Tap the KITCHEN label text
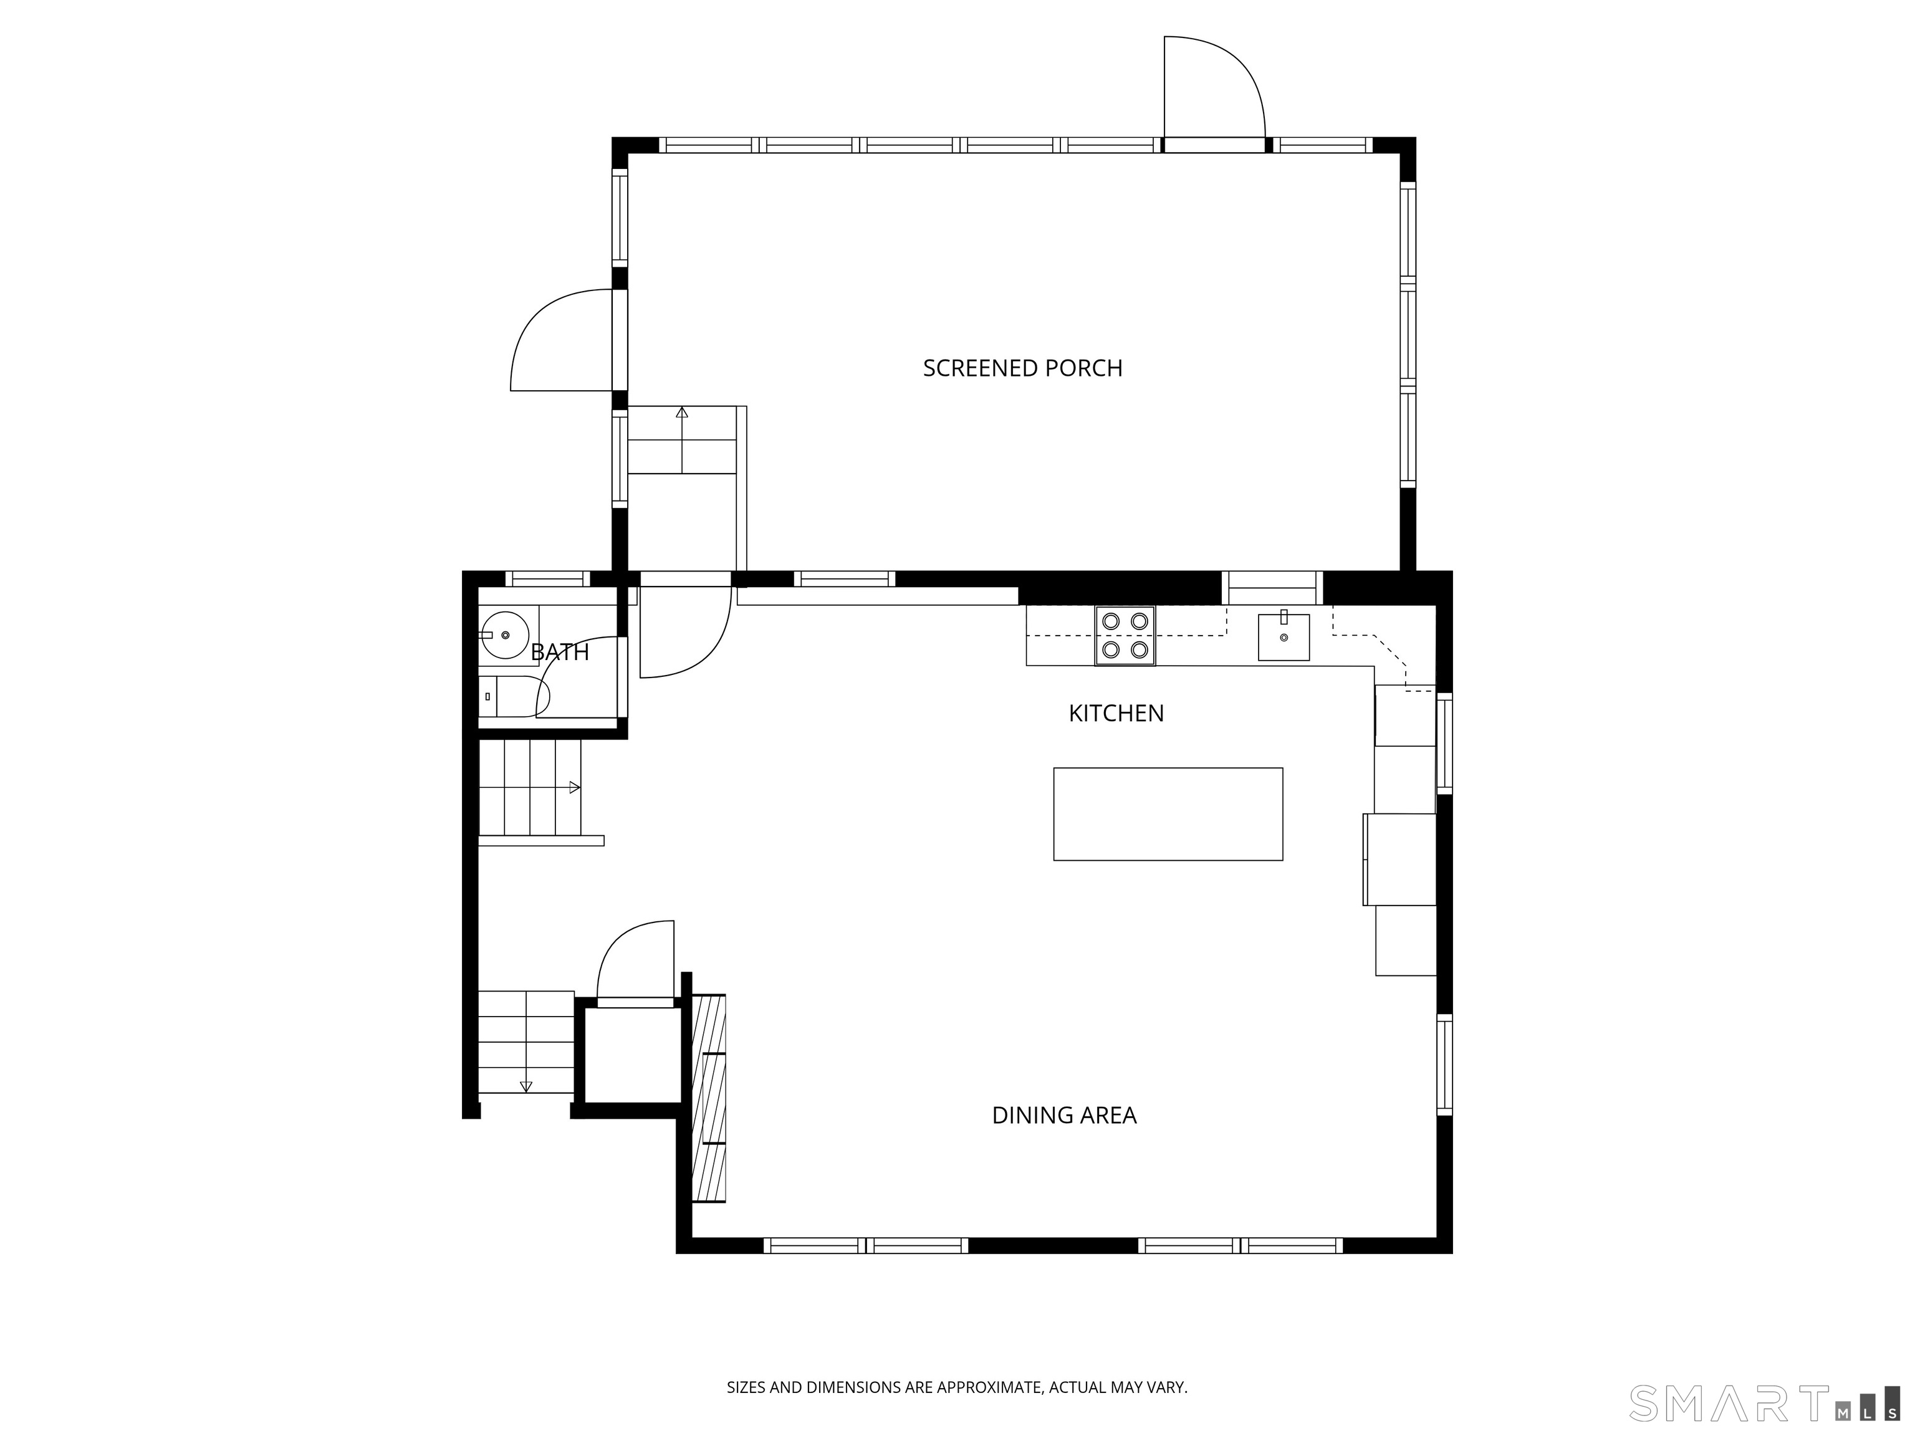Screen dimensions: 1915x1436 (1116, 713)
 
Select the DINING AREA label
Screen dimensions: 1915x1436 (1064, 1115)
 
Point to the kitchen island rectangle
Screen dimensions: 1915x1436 (1168, 813)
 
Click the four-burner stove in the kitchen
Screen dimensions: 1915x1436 (1125, 635)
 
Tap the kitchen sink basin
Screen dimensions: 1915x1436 (1283, 636)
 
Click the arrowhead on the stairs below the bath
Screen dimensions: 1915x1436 (574, 788)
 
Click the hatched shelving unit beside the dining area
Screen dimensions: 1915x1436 (709, 1098)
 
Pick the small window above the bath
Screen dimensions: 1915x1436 (547, 578)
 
